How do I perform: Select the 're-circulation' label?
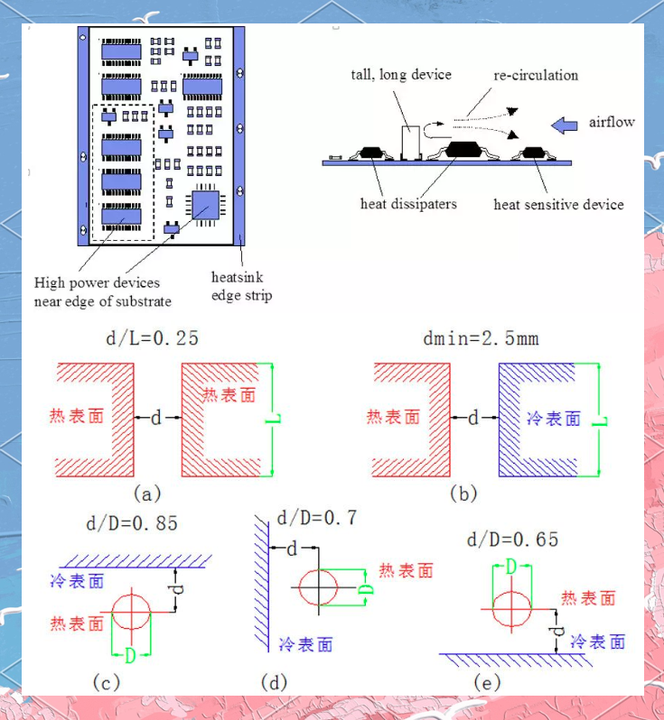(536, 75)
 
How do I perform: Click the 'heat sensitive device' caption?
(558, 205)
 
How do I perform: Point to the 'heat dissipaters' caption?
(408, 204)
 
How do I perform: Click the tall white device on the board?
(411, 143)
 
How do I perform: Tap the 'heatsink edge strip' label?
(241, 286)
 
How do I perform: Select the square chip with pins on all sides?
(204, 208)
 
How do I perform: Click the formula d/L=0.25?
(152, 339)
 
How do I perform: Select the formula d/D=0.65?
(512, 540)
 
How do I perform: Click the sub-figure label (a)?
(146, 494)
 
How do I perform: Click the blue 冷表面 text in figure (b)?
(552, 419)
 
